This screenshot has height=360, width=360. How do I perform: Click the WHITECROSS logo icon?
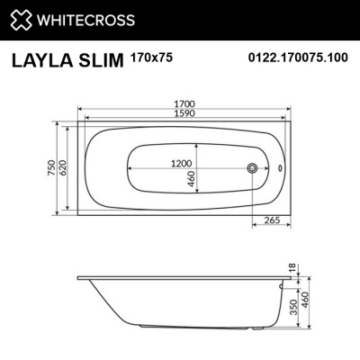click(x=20, y=19)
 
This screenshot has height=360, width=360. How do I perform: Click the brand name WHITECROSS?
click(x=85, y=19)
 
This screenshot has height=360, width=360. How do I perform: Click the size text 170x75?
click(x=156, y=56)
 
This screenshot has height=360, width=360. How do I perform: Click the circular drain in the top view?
click(x=254, y=168)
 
